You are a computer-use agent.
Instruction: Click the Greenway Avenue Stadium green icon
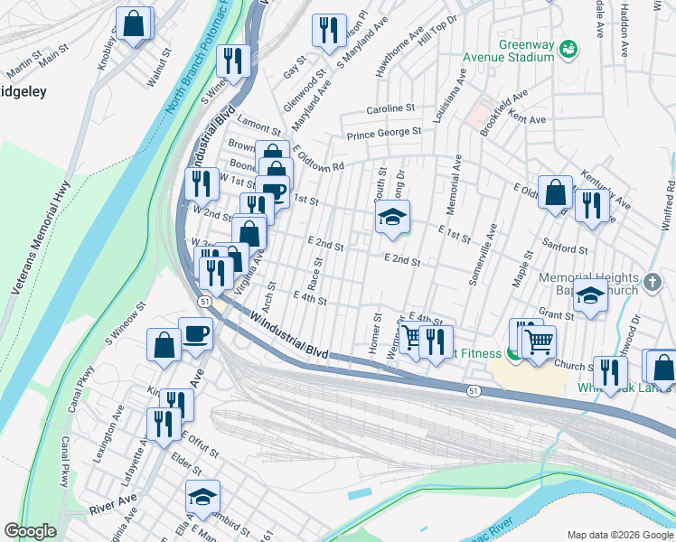click(568, 47)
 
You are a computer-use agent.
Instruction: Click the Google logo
click(30, 531)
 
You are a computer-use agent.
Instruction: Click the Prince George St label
click(386, 134)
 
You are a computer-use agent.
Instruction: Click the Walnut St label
click(163, 68)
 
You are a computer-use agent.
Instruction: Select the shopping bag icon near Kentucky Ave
click(556, 192)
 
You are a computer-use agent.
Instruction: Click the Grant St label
click(557, 315)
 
